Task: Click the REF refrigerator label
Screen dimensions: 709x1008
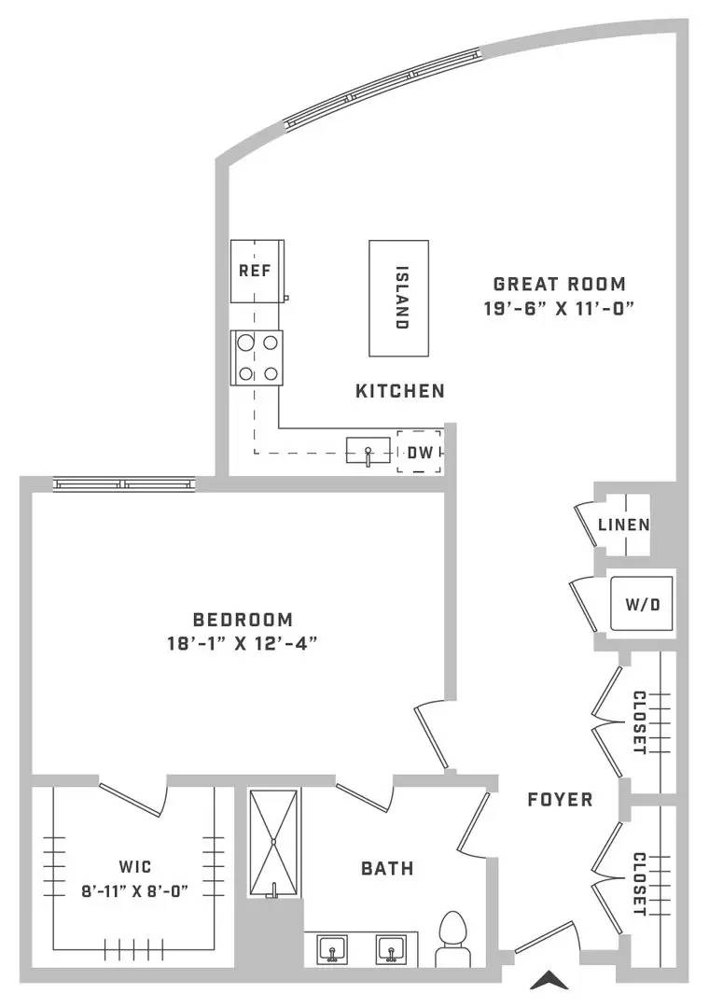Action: pos(256,271)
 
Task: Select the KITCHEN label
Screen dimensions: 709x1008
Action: pos(400,391)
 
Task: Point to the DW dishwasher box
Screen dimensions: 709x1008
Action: pos(420,452)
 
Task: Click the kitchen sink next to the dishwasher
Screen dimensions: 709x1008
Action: pos(368,450)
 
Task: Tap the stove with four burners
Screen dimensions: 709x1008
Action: pos(257,358)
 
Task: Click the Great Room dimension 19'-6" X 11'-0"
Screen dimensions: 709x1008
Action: pos(559,309)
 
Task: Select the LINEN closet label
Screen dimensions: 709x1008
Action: pos(623,525)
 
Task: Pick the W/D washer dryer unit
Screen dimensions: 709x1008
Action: pos(642,604)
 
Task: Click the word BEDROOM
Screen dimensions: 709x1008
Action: pos(243,620)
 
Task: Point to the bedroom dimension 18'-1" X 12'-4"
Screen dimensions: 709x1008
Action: pos(243,643)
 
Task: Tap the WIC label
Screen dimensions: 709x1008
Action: pos(135,866)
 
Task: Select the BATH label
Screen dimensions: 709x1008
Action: pos(387,869)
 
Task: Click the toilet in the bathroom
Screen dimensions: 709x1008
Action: pos(452,938)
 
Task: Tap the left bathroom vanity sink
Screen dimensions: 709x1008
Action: pos(332,949)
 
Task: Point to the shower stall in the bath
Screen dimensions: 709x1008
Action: pos(274,843)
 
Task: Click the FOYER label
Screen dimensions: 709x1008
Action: pos(560,800)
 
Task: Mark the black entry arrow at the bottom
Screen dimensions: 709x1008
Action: pos(549,979)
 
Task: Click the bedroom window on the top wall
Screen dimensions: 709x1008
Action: pos(124,484)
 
